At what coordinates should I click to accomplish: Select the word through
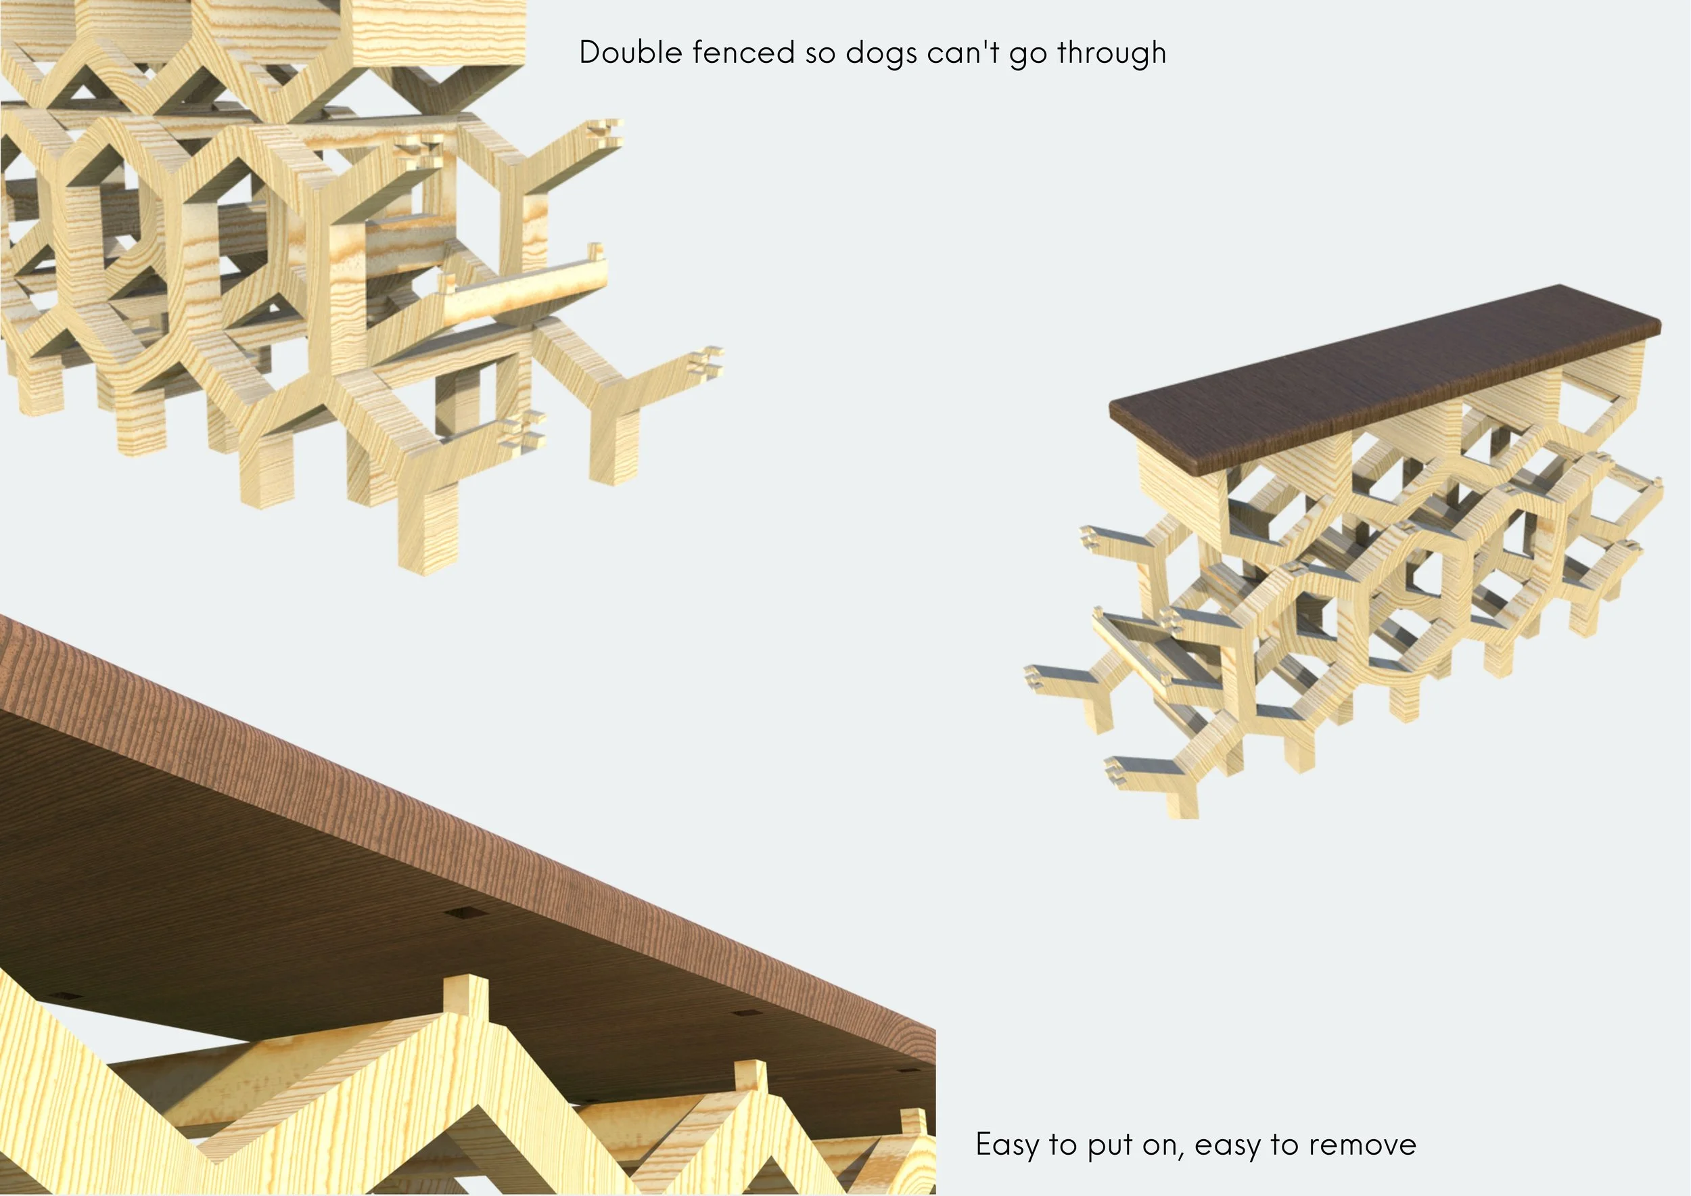tap(1112, 53)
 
